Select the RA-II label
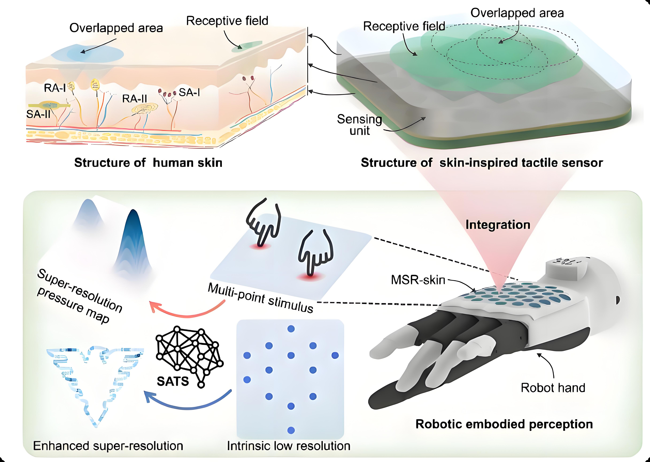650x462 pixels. (x=134, y=99)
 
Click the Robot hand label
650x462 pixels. (x=553, y=388)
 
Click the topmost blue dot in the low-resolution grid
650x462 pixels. (x=291, y=329)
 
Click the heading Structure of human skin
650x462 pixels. (x=148, y=163)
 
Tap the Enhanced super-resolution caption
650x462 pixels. (x=108, y=446)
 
